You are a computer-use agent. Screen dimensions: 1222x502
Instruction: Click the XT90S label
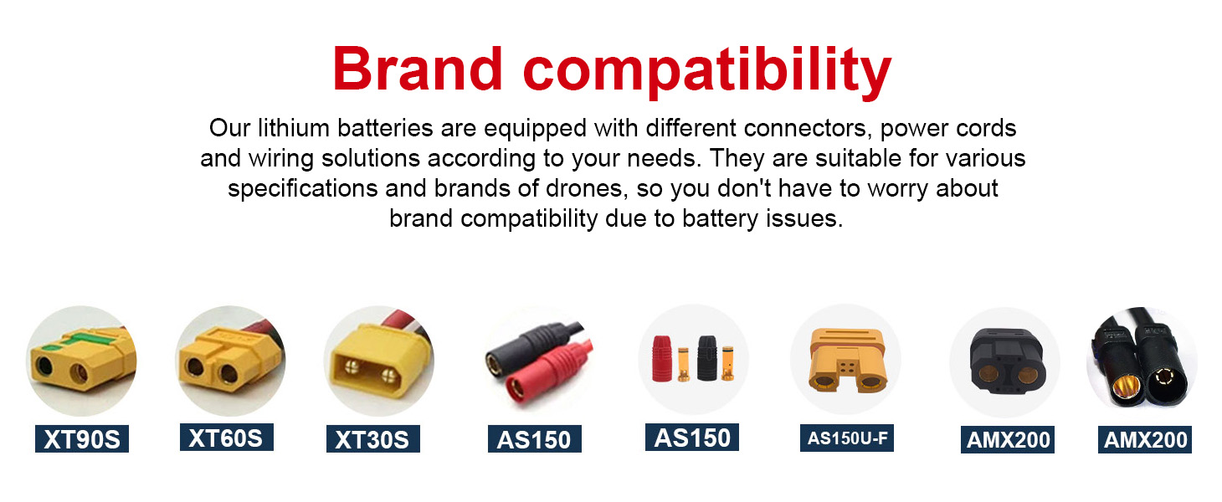[x=82, y=438]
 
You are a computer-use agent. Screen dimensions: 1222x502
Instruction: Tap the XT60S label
[x=226, y=438]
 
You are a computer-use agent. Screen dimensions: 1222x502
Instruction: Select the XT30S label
[x=373, y=438]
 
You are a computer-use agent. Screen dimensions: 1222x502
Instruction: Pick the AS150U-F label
[x=847, y=438]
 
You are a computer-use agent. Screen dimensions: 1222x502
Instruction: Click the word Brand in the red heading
[x=418, y=69]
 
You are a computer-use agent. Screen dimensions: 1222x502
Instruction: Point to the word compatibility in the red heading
[x=707, y=72]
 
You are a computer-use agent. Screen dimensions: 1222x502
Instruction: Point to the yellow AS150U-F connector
[x=847, y=360]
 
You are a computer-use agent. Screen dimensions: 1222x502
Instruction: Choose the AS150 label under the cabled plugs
[x=535, y=438]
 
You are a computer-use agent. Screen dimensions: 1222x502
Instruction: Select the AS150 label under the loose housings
[x=691, y=438]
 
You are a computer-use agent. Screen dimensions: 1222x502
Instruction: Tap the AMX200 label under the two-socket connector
[x=1008, y=439]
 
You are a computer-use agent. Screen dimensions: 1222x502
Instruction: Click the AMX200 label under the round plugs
[x=1144, y=439]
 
